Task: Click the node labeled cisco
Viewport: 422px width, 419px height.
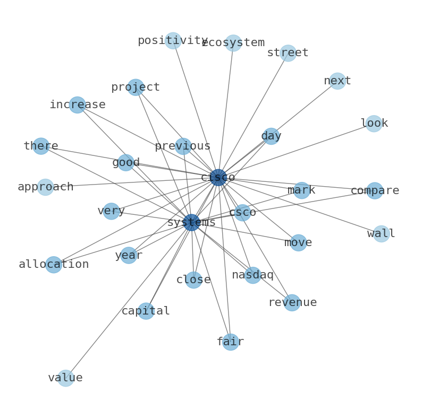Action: click(x=218, y=177)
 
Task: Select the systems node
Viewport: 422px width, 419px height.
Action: click(x=191, y=222)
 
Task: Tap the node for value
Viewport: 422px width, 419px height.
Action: click(x=65, y=378)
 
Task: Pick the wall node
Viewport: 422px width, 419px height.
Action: click(x=381, y=233)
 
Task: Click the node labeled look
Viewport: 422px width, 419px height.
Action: click(x=374, y=123)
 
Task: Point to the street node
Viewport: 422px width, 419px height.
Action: click(x=288, y=53)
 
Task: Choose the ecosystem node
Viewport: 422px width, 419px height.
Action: click(x=233, y=42)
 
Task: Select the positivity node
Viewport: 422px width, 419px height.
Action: click(x=173, y=40)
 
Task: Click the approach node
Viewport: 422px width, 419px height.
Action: click(x=45, y=187)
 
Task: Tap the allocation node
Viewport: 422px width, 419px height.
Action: click(x=53, y=264)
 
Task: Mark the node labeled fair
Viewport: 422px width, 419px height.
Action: click(x=230, y=342)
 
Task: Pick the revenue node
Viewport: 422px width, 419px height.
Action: click(x=292, y=302)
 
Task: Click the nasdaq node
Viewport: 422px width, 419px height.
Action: click(x=252, y=275)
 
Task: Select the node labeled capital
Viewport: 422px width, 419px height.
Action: click(x=146, y=311)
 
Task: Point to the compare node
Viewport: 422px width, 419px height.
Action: click(x=375, y=190)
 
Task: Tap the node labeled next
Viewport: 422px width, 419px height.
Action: click(x=337, y=81)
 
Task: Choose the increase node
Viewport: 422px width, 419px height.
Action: click(x=77, y=104)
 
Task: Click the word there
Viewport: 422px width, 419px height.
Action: click(x=41, y=146)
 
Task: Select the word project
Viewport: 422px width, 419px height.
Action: click(x=136, y=87)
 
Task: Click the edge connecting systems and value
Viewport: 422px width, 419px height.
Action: click(x=128, y=300)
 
